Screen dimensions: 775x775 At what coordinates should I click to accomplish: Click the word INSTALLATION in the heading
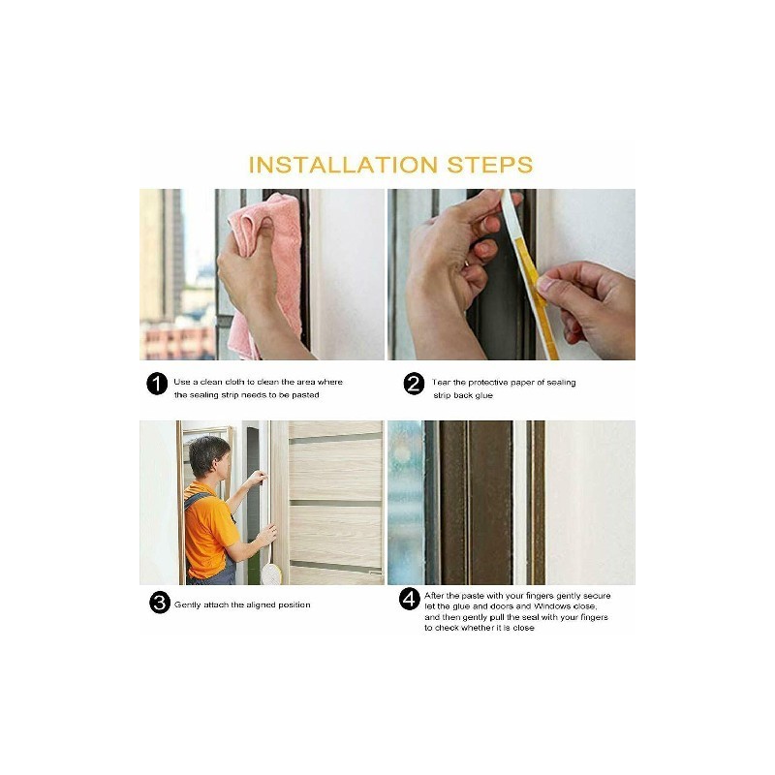343,165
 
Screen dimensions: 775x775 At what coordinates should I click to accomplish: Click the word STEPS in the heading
490,165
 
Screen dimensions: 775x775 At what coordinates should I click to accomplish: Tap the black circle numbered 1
157,384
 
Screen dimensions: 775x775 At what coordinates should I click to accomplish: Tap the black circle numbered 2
414,384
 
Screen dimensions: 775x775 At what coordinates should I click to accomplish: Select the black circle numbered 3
160,603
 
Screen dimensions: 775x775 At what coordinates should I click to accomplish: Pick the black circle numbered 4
409,599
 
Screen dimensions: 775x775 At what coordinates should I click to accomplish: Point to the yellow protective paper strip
537,296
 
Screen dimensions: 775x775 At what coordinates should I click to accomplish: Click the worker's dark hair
207,453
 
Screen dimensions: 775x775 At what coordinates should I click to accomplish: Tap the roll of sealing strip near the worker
271,573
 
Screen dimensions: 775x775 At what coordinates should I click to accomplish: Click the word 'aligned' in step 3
260,604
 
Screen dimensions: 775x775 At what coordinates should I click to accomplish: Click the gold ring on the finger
466,264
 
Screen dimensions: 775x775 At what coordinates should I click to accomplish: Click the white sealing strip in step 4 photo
520,503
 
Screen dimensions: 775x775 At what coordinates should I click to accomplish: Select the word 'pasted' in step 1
305,395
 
